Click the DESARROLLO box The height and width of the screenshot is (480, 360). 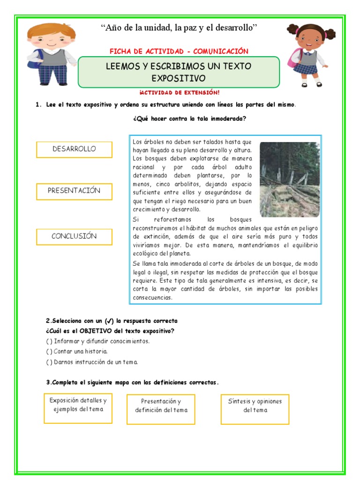pos(74,150)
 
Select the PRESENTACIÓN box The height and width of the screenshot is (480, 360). pos(74,191)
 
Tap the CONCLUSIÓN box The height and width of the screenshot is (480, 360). pos(74,237)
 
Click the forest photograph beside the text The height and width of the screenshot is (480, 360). pos(289,180)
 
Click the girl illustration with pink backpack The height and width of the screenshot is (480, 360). pos(308,55)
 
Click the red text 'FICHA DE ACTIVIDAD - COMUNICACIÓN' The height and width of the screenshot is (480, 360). pos(179,51)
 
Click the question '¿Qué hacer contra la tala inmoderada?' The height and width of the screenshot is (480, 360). pos(190,119)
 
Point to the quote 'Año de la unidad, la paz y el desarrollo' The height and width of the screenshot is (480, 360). pos(180,29)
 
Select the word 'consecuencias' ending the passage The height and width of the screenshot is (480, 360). pos(152,298)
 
